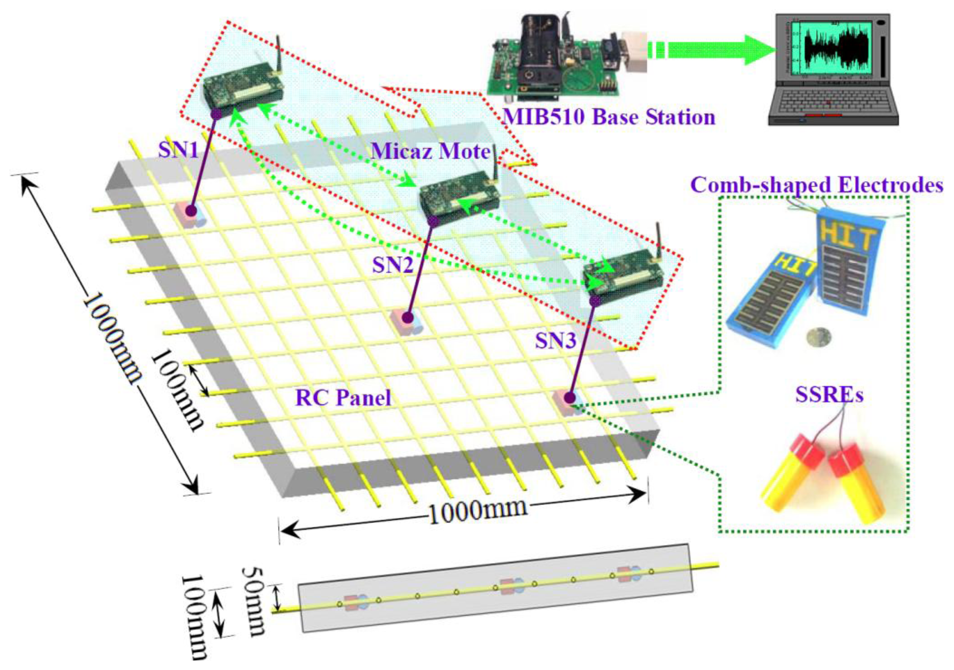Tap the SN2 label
(x=393, y=264)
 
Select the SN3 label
(x=556, y=341)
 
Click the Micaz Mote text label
(x=430, y=151)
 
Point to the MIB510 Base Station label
(x=609, y=117)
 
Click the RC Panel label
(x=343, y=398)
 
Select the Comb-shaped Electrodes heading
(x=816, y=185)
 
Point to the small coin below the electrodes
(x=817, y=337)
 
